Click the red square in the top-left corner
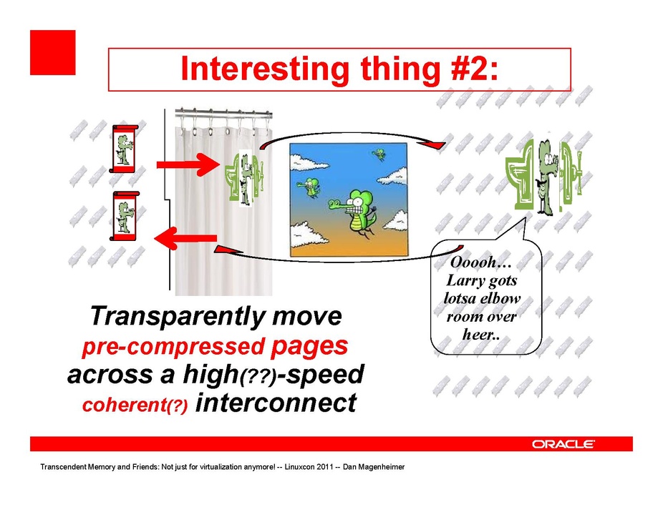[53, 52]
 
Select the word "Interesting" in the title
[265, 69]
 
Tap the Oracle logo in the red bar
[563, 444]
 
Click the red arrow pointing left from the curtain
[185, 239]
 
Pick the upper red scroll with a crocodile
[125, 148]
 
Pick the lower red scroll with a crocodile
[125, 216]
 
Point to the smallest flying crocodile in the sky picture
[379, 154]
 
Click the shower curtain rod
[223, 112]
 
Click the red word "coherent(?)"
[135, 405]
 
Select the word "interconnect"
[276, 403]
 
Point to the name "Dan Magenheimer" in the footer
[374, 467]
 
